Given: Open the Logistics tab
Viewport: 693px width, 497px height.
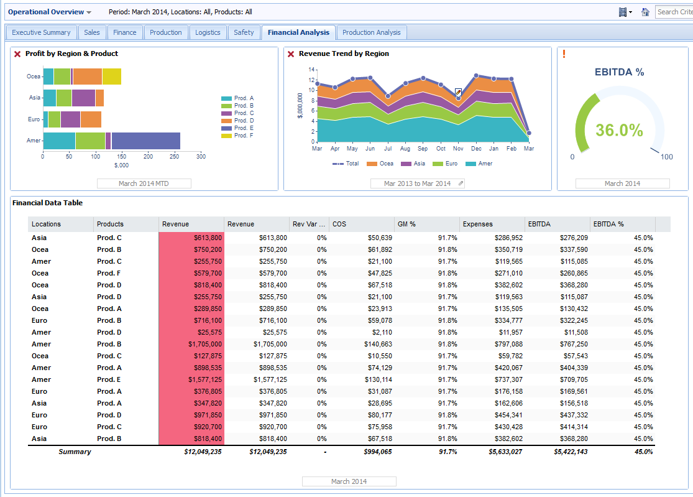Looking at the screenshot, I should (x=208, y=32).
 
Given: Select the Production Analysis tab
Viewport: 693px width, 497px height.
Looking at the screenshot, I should (x=372, y=32).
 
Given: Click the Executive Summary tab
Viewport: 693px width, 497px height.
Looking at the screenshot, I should (x=42, y=32).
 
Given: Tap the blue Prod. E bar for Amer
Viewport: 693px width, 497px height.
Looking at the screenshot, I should (x=145, y=141).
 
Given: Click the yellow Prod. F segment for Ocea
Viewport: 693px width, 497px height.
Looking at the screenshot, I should (x=112, y=77).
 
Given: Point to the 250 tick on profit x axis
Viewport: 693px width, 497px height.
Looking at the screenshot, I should (x=175, y=157).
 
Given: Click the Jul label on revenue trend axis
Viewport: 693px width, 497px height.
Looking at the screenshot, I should (x=388, y=149).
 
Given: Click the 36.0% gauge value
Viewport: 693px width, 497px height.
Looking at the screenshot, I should (x=619, y=130).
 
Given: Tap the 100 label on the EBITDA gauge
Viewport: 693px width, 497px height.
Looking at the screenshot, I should (x=666, y=157).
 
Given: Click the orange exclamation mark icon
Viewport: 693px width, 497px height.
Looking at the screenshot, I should (x=564, y=54).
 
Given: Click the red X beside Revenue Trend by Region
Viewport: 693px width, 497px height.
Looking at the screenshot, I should (x=291, y=54).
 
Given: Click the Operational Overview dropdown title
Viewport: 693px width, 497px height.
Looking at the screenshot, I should (x=50, y=12).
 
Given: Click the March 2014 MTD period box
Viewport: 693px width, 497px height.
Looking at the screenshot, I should (x=144, y=183).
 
